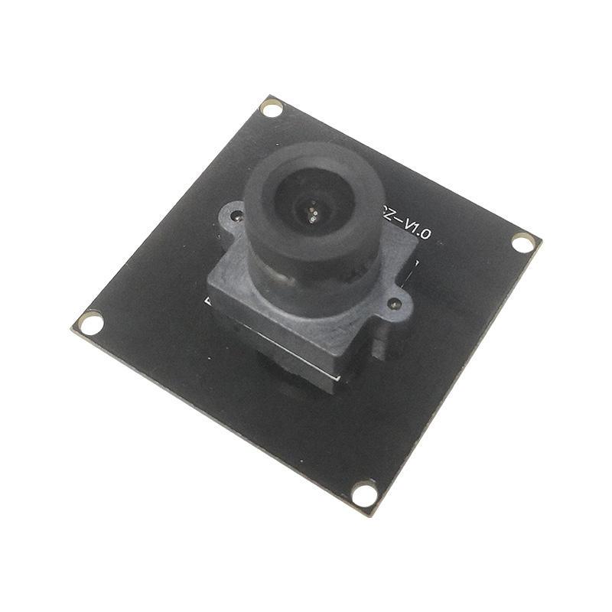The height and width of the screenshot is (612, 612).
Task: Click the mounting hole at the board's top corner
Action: click(x=272, y=108)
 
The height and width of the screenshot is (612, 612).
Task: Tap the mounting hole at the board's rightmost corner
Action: click(x=522, y=243)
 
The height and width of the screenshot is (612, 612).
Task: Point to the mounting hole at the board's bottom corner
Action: click(x=365, y=493)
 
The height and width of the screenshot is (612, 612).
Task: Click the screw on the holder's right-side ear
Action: click(x=396, y=304)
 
